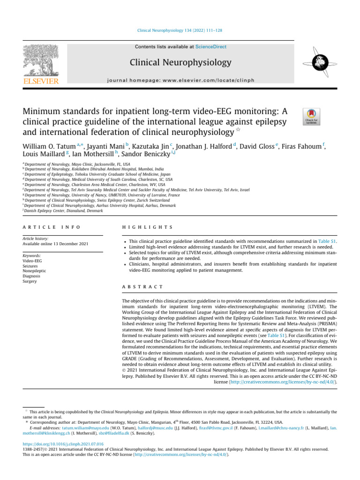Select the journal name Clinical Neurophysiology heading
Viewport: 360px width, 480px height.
[187, 62]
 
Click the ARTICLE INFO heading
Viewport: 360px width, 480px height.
[52, 226]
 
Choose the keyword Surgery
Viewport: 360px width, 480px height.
[30, 282]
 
